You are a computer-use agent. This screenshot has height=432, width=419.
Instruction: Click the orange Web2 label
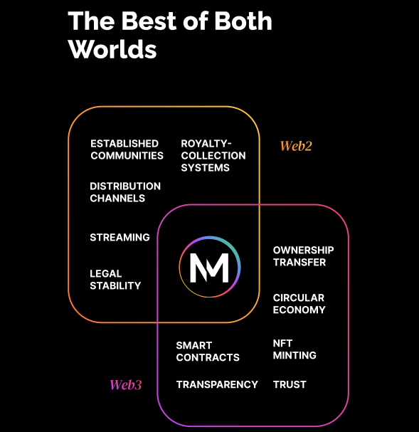point(296,146)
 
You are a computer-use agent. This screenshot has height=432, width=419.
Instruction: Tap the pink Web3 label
point(126,384)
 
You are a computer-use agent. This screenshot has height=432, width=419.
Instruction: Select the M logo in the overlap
point(210,267)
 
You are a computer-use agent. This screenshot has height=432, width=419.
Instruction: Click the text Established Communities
point(127,149)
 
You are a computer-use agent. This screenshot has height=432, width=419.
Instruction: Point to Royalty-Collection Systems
point(213,156)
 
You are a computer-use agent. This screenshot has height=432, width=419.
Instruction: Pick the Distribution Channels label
point(125,192)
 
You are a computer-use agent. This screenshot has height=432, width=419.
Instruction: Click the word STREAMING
point(120,237)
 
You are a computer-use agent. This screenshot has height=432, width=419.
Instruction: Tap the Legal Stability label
point(115,280)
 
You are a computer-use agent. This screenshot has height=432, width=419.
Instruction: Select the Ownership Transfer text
point(303,256)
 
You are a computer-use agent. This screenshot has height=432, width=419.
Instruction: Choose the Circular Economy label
point(299,304)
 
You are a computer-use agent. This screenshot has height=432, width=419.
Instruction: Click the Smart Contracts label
point(208,352)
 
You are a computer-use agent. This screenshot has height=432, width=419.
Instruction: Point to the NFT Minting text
point(295,349)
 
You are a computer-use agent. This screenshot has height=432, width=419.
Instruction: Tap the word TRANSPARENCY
point(217,384)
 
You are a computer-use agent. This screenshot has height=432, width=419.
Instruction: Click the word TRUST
point(290,384)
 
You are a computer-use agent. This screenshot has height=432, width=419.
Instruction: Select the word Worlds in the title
point(112,49)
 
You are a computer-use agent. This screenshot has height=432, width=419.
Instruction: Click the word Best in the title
point(149,21)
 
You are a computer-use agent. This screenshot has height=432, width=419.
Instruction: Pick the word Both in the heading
point(243,21)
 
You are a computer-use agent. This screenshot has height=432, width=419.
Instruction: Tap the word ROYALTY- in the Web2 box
point(206,144)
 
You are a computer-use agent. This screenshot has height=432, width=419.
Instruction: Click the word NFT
point(282,343)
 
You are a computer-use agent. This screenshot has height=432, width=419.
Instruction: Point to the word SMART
point(194,345)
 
